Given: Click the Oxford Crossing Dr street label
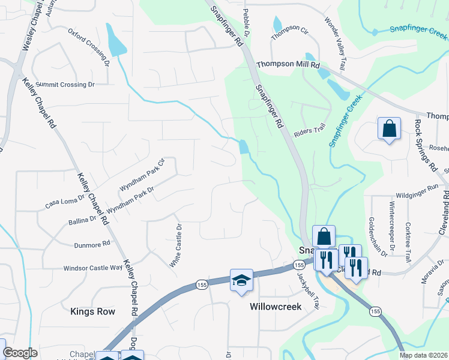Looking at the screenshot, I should [89, 46].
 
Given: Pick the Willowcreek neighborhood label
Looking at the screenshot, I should [275, 306].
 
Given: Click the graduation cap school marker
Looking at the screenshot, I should [241, 280].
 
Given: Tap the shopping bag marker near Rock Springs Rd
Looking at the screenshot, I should [389, 128].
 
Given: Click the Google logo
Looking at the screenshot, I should [20, 353].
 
